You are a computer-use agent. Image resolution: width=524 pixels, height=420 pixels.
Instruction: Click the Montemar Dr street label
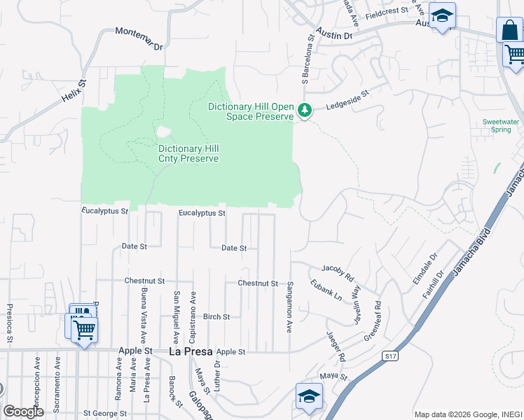(x=139, y=38)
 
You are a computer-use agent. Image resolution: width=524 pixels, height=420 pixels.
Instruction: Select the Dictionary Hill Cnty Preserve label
(x=188, y=153)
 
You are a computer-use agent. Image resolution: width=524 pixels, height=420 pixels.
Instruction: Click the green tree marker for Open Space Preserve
(x=304, y=110)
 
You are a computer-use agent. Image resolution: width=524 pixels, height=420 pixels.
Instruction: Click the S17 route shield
(x=391, y=356)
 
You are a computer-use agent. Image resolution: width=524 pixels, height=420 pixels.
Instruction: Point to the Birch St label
(x=216, y=317)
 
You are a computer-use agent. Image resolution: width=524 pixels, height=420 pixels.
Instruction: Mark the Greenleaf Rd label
(x=371, y=321)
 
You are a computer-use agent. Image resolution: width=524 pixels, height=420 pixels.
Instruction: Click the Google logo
(x=23, y=412)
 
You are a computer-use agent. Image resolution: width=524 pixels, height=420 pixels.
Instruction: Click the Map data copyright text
(x=467, y=414)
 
